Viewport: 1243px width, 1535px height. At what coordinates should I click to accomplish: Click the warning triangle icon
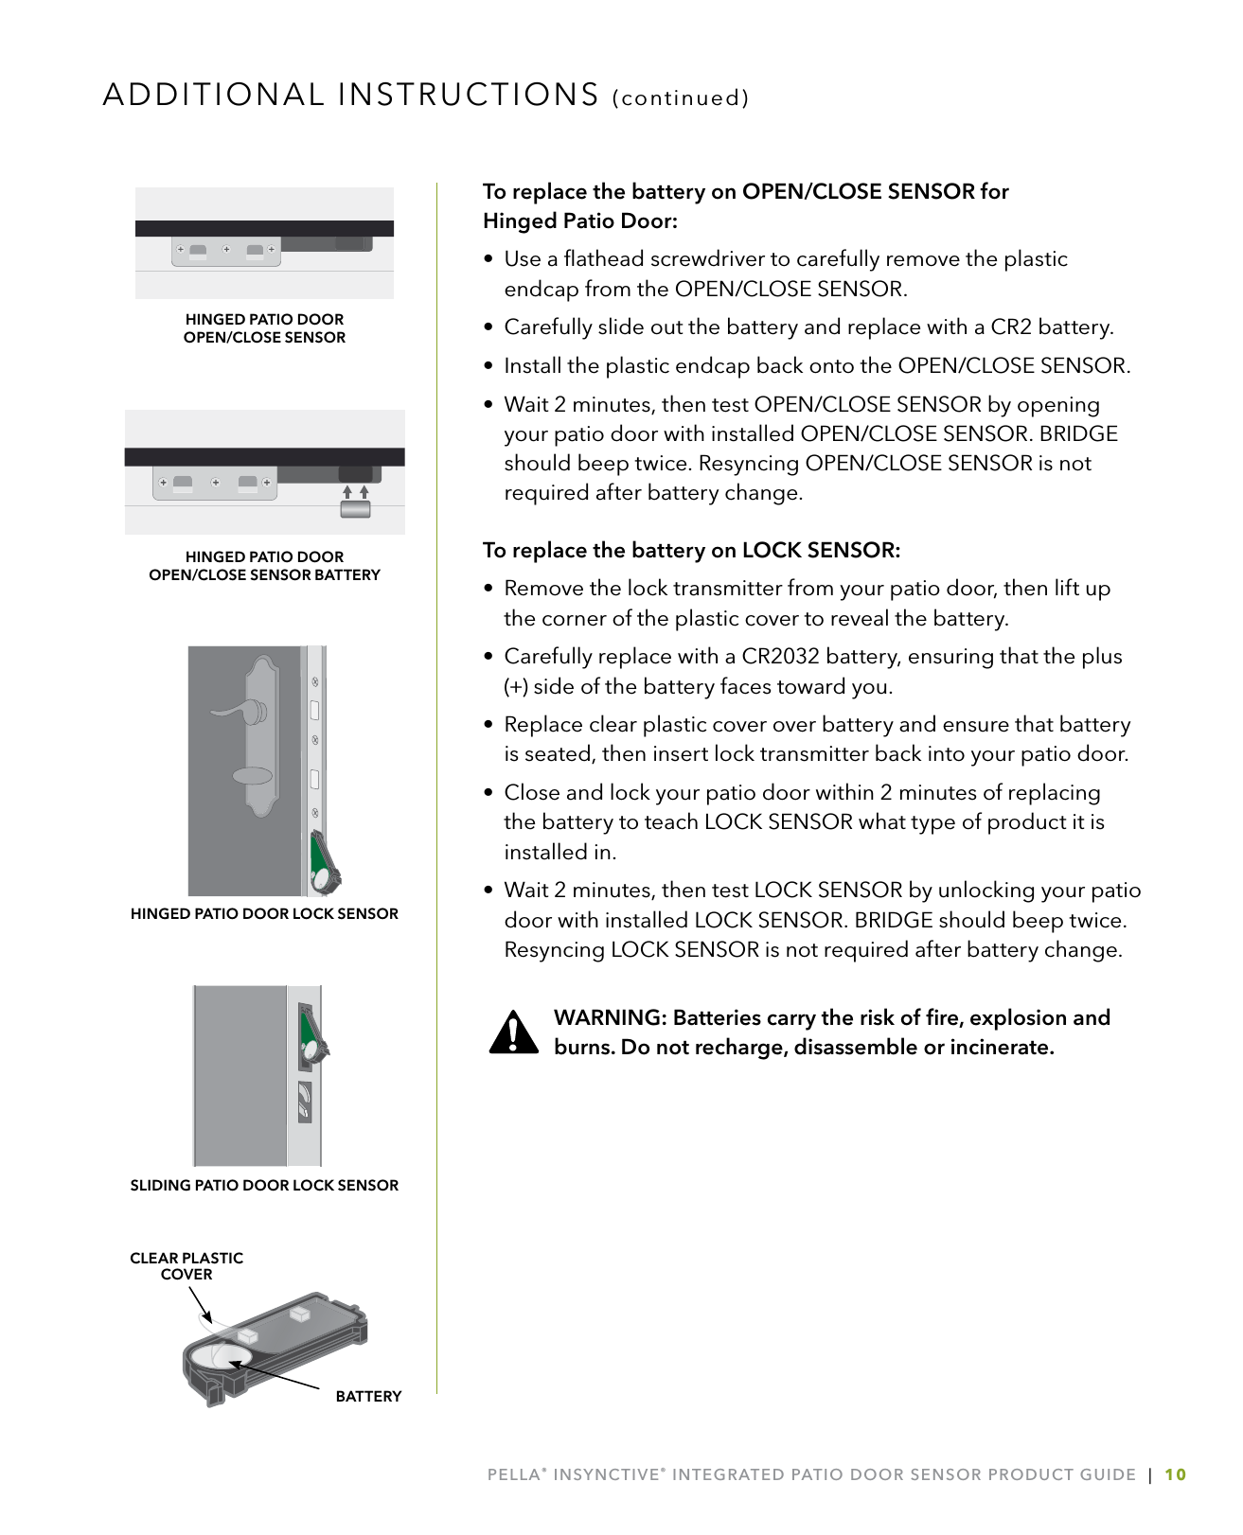(514, 1032)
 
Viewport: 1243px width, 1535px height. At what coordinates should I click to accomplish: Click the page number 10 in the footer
(1175, 1474)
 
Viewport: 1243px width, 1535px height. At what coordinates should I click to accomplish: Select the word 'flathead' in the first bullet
(604, 259)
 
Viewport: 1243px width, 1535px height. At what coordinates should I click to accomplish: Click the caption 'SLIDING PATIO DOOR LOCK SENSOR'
(264, 1186)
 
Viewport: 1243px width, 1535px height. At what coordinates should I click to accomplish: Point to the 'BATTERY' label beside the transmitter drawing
(368, 1397)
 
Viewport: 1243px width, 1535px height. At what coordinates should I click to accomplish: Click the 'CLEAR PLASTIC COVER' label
(186, 1266)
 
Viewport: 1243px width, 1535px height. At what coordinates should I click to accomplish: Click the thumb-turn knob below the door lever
(252, 777)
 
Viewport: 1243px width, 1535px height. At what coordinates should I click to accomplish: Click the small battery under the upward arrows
(355, 509)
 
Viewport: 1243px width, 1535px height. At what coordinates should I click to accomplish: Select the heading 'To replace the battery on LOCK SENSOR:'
(691, 551)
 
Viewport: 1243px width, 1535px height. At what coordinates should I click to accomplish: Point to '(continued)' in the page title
(681, 98)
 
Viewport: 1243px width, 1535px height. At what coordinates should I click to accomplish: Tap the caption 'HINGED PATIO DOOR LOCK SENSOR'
(264, 914)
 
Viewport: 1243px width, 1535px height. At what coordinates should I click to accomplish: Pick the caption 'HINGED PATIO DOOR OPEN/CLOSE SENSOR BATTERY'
(264, 566)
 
